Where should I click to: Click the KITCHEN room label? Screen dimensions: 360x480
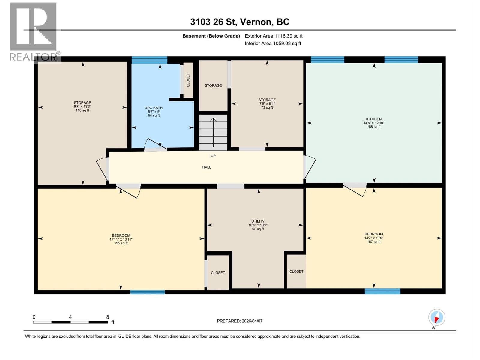(373, 119)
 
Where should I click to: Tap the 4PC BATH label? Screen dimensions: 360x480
(154, 108)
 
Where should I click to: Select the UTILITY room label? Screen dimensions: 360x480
(258, 221)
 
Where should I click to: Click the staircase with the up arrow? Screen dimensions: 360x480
(213, 132)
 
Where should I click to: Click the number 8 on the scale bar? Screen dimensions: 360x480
(108, 317)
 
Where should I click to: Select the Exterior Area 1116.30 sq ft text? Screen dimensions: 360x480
(274, 36)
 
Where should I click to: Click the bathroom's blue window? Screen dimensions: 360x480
(149, 60)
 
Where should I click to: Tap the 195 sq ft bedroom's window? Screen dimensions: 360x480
(147, 292)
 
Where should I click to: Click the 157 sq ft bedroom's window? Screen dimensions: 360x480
(382, 291)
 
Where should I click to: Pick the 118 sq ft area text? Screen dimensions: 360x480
(82, 110)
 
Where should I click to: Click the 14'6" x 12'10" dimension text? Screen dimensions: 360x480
(373, 123)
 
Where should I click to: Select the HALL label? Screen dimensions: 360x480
(207, 167)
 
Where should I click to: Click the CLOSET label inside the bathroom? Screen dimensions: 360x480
(188, 80)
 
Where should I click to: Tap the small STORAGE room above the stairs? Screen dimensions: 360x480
(213, 85)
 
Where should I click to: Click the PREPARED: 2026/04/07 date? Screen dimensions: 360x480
(240, 321)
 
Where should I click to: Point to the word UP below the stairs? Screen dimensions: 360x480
(213, 156)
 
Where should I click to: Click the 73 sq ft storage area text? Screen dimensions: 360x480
(267, 107)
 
